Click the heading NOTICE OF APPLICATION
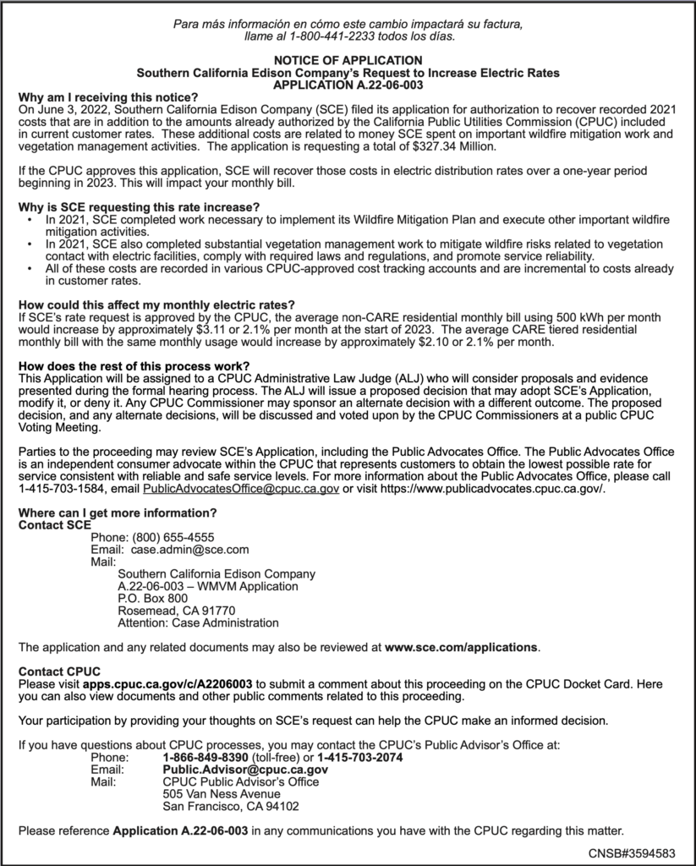click(348, 61)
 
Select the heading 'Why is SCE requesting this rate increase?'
click(139, 207)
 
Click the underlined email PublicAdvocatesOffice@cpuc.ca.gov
click(241, 489)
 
